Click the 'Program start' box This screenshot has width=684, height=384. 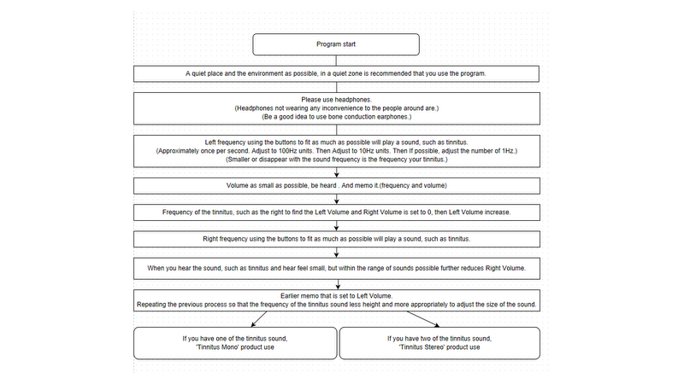tap(336, 44)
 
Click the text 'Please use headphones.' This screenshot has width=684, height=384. tap(336, 100)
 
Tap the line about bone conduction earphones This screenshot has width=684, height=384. tap(336, 117)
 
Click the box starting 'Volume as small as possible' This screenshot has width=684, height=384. tap(336, 186)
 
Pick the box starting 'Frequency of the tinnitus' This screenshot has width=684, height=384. tap(336, 212)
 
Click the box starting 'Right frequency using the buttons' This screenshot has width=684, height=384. tap(336, 239)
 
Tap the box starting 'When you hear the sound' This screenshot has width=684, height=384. tap(336, 269)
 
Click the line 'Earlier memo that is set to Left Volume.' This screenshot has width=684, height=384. tap(336, 296)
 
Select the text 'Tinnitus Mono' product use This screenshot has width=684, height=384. tap(235, 347)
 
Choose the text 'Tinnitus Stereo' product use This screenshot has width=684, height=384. tap(439, 347)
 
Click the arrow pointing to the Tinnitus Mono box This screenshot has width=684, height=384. tap(259, 319)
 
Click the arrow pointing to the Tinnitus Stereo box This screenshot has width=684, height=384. tap(423, 319)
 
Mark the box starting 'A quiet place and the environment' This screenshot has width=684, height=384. tap(336, 74)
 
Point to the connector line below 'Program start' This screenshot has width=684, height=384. tap(336, 61)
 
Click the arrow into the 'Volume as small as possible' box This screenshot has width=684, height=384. tap(336, 172)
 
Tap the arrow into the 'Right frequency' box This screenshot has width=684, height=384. tap(336, 226)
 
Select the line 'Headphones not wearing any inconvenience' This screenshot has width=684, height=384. tap(336, 108)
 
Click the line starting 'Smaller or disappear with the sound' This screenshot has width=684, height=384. tap(336, 160)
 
